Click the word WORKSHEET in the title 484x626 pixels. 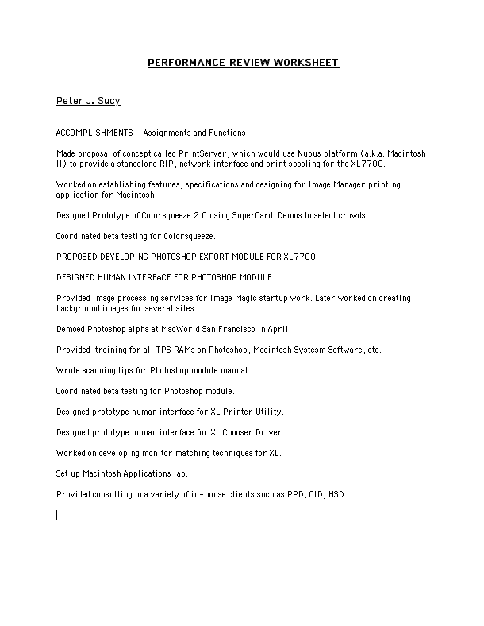306,63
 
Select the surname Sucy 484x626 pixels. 108,102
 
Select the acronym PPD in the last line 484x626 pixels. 294,494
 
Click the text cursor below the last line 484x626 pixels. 57,514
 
